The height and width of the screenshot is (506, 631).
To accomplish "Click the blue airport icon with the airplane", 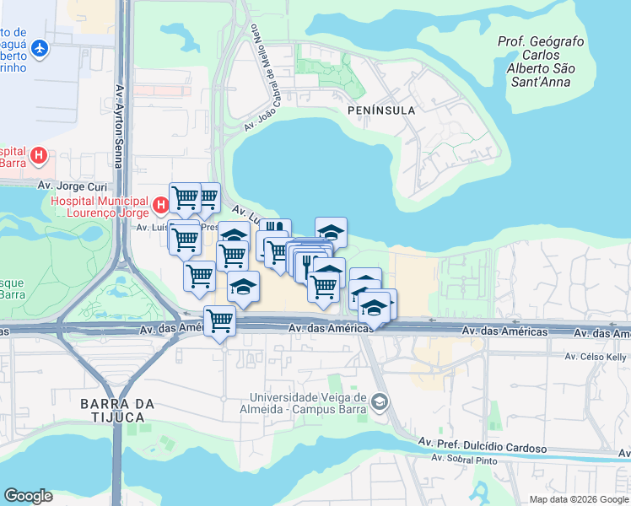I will [39, 49].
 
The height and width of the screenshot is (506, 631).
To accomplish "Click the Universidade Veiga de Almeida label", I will [308, 403].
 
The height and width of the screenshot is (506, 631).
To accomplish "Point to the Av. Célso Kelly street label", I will [596, 357].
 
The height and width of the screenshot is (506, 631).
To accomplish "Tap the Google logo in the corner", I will [28, 496].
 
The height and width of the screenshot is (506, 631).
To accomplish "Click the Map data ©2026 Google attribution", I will [578, 499].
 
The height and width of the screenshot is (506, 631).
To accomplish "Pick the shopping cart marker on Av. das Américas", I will [219, 320].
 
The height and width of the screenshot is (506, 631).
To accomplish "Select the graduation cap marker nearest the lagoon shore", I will [332, 231].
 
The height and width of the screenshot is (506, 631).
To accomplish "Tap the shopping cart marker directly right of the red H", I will [185, 198].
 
